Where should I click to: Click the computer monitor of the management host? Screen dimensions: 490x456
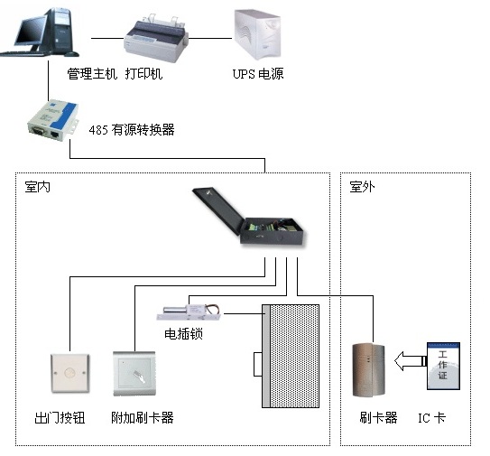(x=31, y=31)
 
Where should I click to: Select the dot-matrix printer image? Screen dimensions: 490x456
(x=156, y=38)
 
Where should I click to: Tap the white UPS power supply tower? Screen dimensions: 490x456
(x=258, y=34)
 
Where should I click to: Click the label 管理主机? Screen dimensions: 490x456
(x=92, y=74)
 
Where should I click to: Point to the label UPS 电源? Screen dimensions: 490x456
(x=258, y=74)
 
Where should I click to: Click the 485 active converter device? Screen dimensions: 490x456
(x=53, y=121)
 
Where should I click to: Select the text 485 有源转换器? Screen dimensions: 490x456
(x=132, y=130)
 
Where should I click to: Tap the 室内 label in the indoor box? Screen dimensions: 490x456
(x=38, y=187)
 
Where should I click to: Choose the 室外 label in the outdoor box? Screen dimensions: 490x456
(x=362, y=187)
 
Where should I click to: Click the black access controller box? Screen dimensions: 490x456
(x=249, y=217)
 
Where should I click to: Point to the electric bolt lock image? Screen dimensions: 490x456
(x=189, y=312)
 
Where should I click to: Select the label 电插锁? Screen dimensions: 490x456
(x=184, y=334)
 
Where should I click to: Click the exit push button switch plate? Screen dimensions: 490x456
(x=70, y=373)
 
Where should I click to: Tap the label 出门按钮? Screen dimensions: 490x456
(x=60, y=417)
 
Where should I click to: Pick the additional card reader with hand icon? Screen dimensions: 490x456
(x=134, y=374)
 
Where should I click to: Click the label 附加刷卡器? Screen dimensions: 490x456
(x=143, y=417)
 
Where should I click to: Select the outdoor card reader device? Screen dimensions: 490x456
(x=369, y=370)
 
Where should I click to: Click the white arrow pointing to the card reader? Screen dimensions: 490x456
(x=410, y=361)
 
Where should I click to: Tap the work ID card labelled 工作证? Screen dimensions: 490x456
(x=443, y=366)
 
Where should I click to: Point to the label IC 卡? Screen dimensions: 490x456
(x=432, y=417)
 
